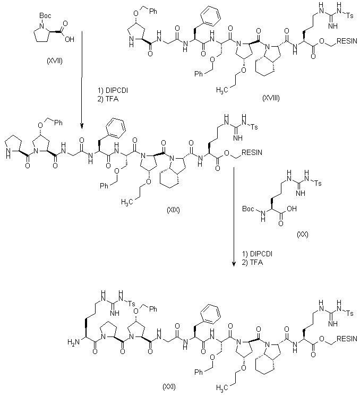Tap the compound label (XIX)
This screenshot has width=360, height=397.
(x=173, y=211)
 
